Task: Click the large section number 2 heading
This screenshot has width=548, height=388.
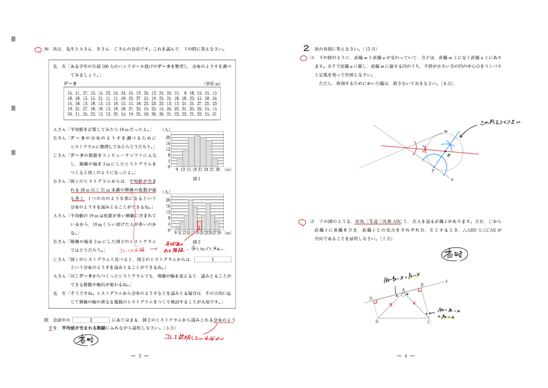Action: click(x=306, y=47)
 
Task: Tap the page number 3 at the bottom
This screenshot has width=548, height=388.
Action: click(x=139, y=355)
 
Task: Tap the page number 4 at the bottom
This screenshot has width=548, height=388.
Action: click(x=406, y=355)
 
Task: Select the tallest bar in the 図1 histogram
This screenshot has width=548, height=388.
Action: click(x=196, y=151)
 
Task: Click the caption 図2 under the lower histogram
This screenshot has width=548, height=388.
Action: click(x=196, y=242)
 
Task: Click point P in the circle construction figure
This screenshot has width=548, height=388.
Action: click(x=432, y=171)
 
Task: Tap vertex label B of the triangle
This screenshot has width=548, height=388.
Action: click(x=376, y=322)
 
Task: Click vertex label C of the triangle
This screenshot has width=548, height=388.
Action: click(x=428, y=322)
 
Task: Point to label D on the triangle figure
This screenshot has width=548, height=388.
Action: click(x=370, y=299)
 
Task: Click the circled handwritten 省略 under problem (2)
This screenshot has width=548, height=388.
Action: click(x=455, y=255)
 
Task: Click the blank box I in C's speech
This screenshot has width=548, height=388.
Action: click(x=212, y=259)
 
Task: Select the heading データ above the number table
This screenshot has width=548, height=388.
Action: click(x=70, y=84)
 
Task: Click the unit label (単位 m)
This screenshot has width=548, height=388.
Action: click(x=212, y=84)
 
